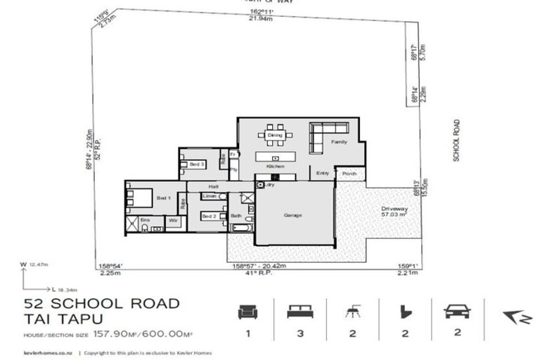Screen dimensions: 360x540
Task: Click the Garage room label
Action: (x=293, y=215)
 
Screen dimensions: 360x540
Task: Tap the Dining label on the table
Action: (x=275, y=135)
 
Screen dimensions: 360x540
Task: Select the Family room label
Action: (x=340, y=141)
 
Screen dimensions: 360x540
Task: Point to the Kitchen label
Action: (x=275, y=166)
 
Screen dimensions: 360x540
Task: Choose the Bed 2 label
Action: (x=210, y=217)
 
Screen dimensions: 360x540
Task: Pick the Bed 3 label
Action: (x=198, y=164)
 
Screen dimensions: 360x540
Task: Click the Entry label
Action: (x=323, y=173)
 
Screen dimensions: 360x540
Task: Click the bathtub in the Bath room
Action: (x=240, y=229)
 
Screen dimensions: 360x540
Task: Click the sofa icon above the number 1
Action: (x=247, y=310)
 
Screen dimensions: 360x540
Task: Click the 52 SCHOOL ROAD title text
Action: (x=103, y=303)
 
